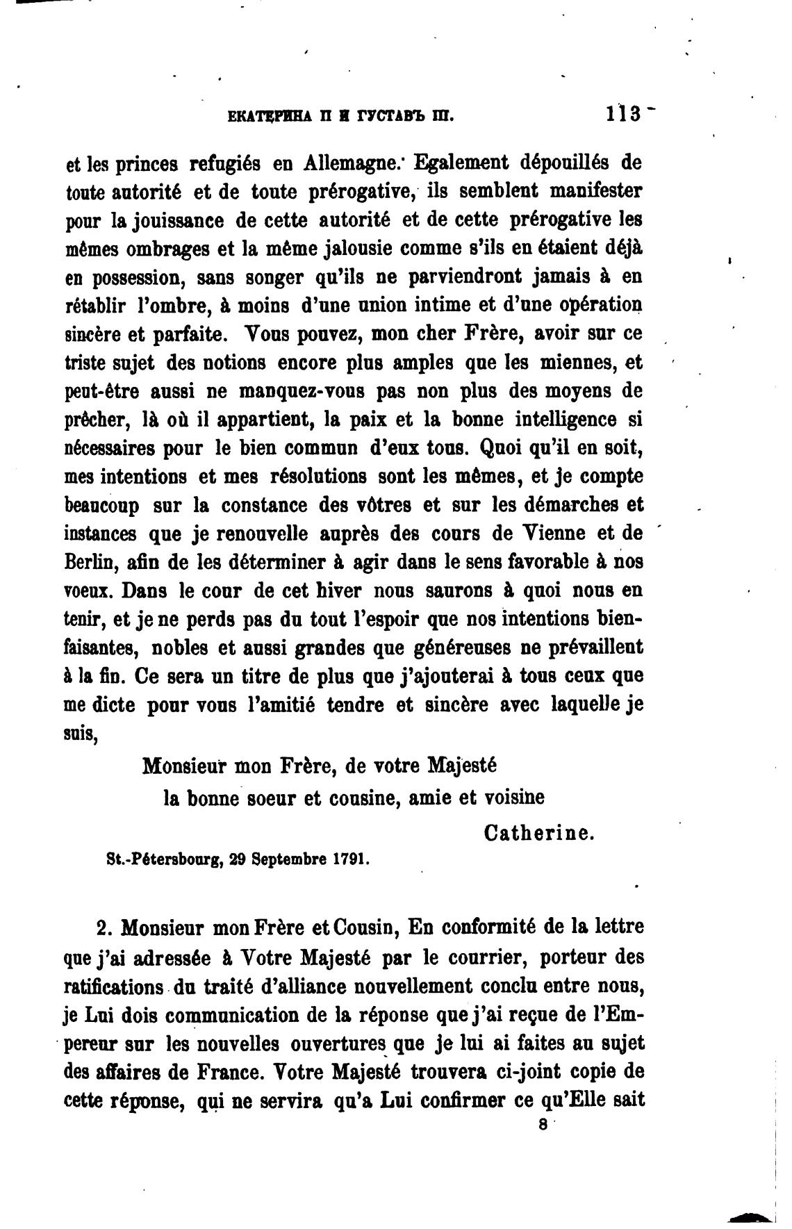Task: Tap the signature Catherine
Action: pyautogui.click(x=539, y=832)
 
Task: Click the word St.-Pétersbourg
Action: pyautogui.click(x=163, y=859)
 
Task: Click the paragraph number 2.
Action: pyautogui.click(x=104, y=928)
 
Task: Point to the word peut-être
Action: pyautogui.click(x=104, y=392)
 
